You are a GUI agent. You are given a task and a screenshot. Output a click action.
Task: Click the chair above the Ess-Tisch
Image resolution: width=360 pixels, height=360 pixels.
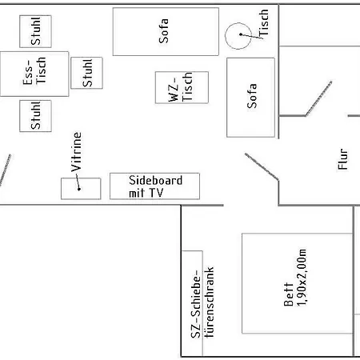pyautogui.click(x=35, y=31)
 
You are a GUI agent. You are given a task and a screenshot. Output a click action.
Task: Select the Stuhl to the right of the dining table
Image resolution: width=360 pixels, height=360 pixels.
pyautogui.click(x=86, y=73)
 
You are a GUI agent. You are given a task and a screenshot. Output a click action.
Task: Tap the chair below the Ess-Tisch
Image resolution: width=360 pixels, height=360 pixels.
pyautogui.click(x=35, y=116)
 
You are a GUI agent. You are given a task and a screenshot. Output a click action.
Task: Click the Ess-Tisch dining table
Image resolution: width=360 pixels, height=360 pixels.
pyautogui.click(x=34, y=74)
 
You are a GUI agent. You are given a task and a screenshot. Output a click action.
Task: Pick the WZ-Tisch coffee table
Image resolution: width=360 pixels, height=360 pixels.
pyautogui.click(x=182, y=87)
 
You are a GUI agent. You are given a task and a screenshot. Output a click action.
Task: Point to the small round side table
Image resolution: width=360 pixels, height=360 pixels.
pyautogui.click(x=238, y=36)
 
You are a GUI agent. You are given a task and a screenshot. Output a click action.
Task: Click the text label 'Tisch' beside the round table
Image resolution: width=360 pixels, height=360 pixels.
pyautogui.click(x=263, y=22)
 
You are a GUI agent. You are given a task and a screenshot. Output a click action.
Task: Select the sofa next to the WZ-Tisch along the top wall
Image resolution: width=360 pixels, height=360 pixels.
pyautogui.click(x=166, y=31)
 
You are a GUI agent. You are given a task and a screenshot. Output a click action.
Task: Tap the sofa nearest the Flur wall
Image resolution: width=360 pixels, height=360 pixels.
pyautogui.click(x=250, y=98)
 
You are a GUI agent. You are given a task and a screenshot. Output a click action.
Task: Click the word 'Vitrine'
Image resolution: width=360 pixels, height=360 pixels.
pyautogui.click(x=76, y=152)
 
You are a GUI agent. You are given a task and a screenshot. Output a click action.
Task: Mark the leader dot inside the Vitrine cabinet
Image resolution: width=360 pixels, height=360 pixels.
pyautogui.click(x=79, y=189)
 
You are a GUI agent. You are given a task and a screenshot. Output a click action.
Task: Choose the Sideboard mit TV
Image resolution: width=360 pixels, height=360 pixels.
pyautogui.click(x=154, y=186)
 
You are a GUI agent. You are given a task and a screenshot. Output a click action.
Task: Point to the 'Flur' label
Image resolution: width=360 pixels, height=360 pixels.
pyautogui.click(x=343, y=159)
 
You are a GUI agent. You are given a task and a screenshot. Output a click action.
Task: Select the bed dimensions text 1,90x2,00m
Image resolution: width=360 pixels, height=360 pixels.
pyautogui.click(x=302, y=278)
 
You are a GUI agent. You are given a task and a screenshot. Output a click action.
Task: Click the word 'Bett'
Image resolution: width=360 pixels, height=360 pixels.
pyautogui.click(x=289, y=294)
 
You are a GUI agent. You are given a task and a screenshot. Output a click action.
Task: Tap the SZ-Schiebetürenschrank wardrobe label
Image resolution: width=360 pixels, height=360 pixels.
pyautogui.click(x=202, y=302)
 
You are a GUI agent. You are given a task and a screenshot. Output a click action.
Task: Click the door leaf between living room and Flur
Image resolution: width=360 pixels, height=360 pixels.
pyautogui.click(x=262, y=166)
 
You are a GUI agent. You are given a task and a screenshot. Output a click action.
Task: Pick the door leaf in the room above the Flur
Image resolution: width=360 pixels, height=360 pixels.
pyautogui.click(x=318, y=98)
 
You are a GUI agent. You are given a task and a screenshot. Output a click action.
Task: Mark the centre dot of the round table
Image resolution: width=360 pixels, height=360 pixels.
pyautogui.click(x=241, y=34)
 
